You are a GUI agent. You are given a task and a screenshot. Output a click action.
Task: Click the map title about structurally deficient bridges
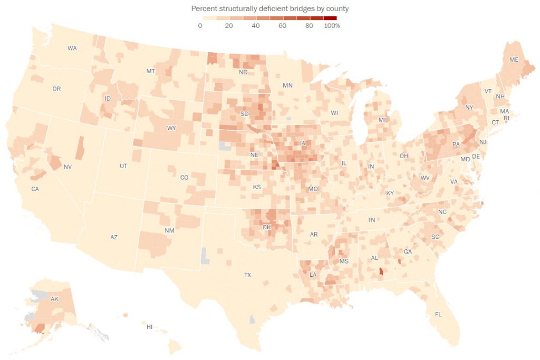(269, 9)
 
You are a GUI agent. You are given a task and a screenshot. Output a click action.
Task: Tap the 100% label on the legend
(332, 26)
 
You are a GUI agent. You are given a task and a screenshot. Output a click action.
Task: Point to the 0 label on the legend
(200, 26)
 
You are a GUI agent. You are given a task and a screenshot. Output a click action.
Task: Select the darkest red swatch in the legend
(330, 18)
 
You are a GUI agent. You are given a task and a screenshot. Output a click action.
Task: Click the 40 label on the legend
(256, 26)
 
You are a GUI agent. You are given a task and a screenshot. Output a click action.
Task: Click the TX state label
(247, 275)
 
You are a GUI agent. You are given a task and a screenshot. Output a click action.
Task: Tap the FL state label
(438, 314)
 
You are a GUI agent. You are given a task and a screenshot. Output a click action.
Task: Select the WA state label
(72, 48)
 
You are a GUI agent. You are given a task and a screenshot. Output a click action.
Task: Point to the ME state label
(514, 60)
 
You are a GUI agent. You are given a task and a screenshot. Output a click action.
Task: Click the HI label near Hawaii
(149, 327)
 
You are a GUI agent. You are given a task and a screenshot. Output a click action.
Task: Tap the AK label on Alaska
(54, 299)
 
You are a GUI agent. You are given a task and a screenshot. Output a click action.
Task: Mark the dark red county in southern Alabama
(381, 273)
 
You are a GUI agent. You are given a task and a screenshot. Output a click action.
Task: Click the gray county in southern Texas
(253, 319)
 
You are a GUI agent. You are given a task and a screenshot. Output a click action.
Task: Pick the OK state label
(266, 227)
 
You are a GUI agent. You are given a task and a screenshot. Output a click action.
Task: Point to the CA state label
(35, 189)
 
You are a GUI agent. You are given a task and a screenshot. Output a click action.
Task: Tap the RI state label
(507, 118)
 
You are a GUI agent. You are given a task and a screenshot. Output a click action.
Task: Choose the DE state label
(476, 157)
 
